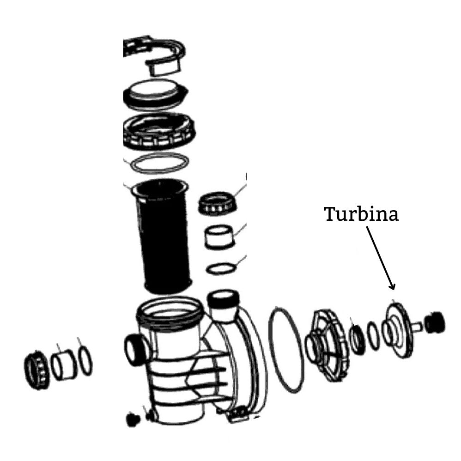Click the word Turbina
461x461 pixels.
361,214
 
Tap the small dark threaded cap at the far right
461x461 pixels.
435,322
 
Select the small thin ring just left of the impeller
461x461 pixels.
373,334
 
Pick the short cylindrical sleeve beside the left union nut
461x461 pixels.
63,364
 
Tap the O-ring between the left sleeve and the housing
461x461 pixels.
85,361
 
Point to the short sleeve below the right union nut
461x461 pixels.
219,237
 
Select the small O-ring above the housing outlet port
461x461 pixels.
221,267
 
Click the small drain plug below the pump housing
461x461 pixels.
133,419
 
